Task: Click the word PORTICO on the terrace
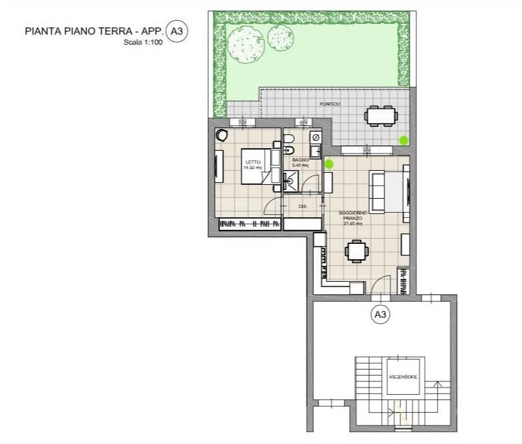pyautogui.click(x=330, y=104)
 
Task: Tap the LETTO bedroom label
pyautogui.click(x=253, y=162)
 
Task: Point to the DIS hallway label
pyautogui.click(x=302, y=207)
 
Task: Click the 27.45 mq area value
pyautogui.click(x=352, y=223)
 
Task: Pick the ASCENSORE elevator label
pyautogui.click(x=403, y=377)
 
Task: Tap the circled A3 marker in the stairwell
pyautogui.click(x=380, y=314)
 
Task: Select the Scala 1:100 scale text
pyautogui.click(x=144, y=43)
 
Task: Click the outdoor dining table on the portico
pyautogui.click(x=382, y=116)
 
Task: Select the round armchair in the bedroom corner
pyautogui.click(x=221, y=135)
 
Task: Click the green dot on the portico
pyautogui.click(x=403, y=140)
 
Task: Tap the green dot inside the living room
pyautogui.click(x=329, y=164)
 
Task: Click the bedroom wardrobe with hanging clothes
pyautogui.click(x=247, y=225)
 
